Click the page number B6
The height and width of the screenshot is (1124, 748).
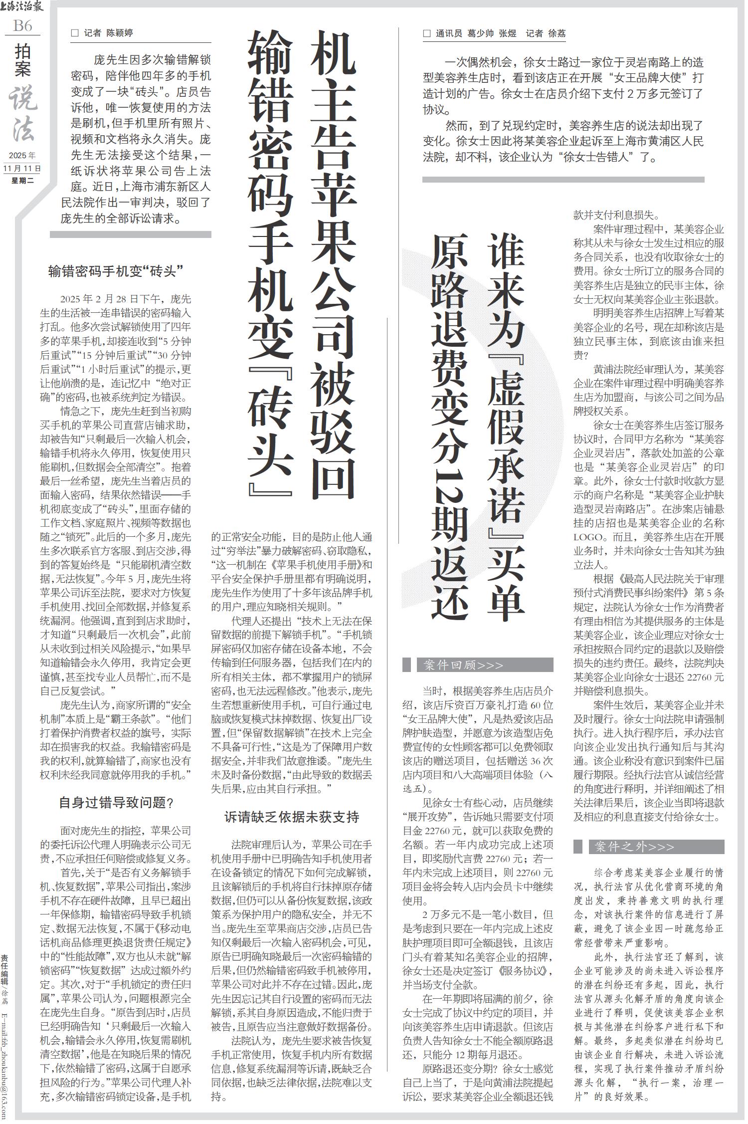point(22,25)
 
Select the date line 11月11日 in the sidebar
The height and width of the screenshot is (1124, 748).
point(22,168)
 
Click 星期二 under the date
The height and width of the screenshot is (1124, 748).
point(22,181)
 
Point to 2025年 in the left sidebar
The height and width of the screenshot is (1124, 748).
point(22,155)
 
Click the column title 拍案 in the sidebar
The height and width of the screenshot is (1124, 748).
point(22,61)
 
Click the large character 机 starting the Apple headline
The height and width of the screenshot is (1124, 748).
point(333,55)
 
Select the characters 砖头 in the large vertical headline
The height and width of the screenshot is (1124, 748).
point(270,429)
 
